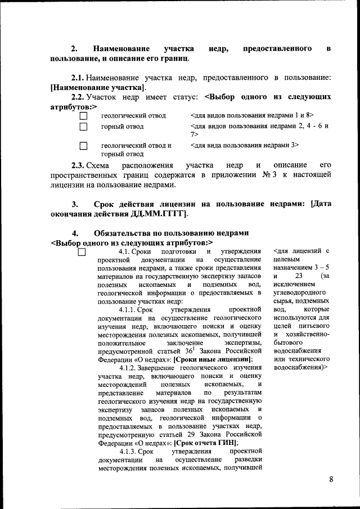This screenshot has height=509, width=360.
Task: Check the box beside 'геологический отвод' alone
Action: click(x=84, y=116)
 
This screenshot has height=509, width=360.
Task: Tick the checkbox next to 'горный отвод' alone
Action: click(x=84, y=127)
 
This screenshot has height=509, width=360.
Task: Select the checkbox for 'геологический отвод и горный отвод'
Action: click(x=84, y=146)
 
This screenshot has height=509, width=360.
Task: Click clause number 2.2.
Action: click(x=77, y=97)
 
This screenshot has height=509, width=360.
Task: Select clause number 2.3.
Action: click(x=77, y=165)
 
